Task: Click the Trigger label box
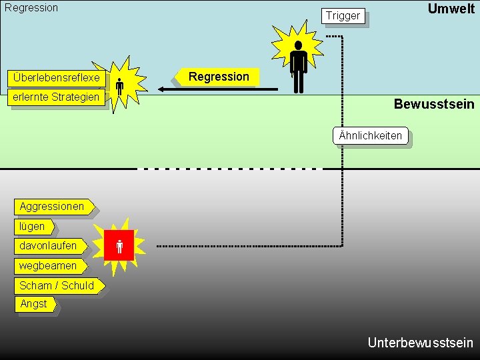pyautogui.click(x=343, y=15)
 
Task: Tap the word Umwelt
pyautogui.click(x=451, y=9)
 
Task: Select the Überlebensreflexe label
pyautogui.click(x=56, y=77)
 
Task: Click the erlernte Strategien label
pyautogui.click(x=56, y=97)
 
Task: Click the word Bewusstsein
pyautogui.click(x=434, y=104)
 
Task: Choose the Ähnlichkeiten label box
pyautogui.click(x=370, y=136)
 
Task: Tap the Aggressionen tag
pyautogui.click(x=53, y=207)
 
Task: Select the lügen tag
pyautogui.click(x=33, y=227)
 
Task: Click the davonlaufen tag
pyautogui.click(x=49, y=246)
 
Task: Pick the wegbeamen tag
pyautogui.click(x=49, y=266)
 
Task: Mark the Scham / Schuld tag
pyautogui.click(x=57, y=286)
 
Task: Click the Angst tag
pyautogui.click(x=34, y=304)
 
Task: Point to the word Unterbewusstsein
pyautogui.click(x=420, y=343)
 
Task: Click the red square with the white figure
pyautogui.click(x=119, y=246)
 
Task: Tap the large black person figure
pyautogui.click(x=298, y=65)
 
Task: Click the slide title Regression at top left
pyautogui.click(x=31, y=8)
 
